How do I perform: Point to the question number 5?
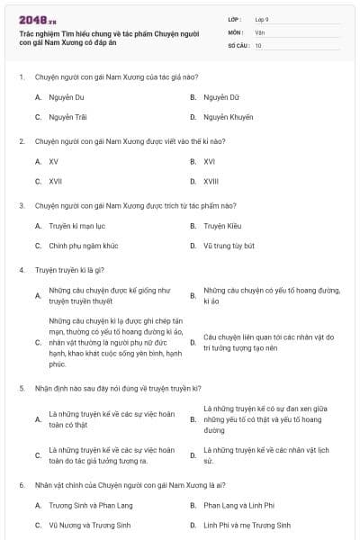pos(22,388)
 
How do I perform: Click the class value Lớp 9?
pos(262,19)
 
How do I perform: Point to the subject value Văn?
pos(259,31)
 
